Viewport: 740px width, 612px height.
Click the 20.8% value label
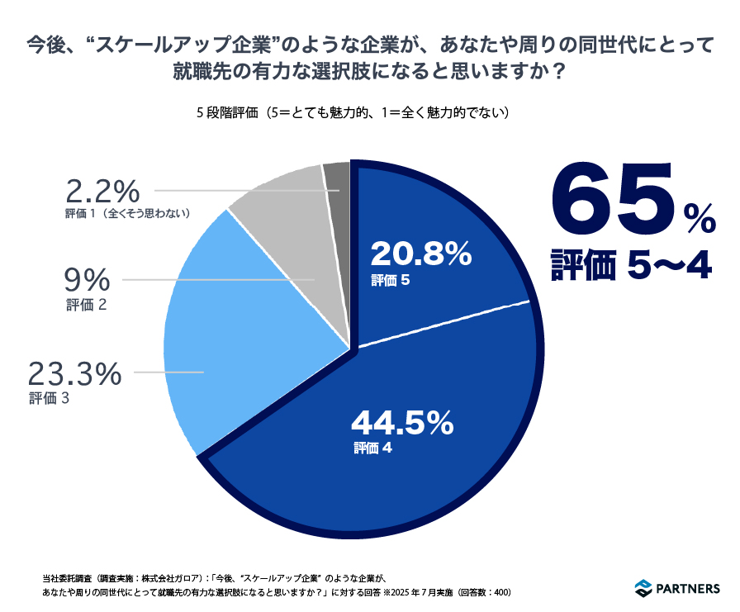click(x=420, y=254)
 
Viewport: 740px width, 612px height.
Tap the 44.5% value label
click(x=402, y=424)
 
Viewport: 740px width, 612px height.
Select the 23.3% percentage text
click(x=75, y=374)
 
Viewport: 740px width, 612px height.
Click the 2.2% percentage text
click(x=103, y=192)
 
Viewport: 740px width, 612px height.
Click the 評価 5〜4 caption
click(x=632, y=266)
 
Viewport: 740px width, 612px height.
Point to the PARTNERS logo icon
click(x=643, y=588)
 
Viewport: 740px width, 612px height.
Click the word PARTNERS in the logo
click(x=689, y=589)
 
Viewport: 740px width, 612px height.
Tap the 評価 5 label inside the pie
click(x=391, y=281)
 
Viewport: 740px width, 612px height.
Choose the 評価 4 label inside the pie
click(x=372, y=448)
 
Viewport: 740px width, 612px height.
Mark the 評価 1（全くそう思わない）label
click(x=129, y=214)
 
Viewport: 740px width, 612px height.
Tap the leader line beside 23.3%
click(x=168, y=373)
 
